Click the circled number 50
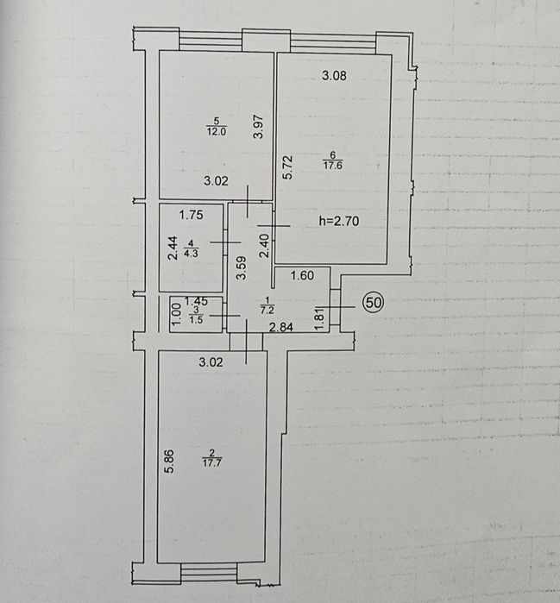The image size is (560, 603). coord(374,302)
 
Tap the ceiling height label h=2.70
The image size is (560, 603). coord(339,221)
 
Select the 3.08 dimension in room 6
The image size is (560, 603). coord(334,75)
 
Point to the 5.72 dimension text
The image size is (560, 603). coord(287,166)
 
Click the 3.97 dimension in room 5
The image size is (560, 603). coord(258,127)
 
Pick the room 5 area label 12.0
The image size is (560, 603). coord(217,131)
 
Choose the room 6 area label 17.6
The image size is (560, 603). coord(333,166)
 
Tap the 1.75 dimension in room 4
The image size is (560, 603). coord(192,215)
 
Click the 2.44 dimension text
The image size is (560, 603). coord(173,248)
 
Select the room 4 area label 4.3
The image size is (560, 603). coord(192,254)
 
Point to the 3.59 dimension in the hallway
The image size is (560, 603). coord(241,268)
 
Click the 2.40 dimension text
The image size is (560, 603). coord(264,246)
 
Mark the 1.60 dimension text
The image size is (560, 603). coord(302,275)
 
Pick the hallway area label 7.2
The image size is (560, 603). coord(267,310)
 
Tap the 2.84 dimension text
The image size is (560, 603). coord(281,327)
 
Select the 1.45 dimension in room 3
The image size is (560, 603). coord(196,301)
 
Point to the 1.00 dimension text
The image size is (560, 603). coord(176,314)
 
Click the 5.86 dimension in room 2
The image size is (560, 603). coord(169,462)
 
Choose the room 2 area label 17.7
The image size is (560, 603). coord(212,462)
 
